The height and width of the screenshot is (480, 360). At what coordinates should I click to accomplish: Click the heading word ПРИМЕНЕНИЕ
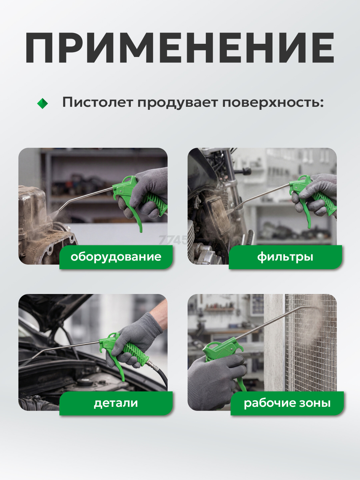(x=180, y=48)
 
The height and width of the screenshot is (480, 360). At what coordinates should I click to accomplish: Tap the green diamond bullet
(x=43, y=103)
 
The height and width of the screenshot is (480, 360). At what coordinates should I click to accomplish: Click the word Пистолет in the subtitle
(x=97, y=102)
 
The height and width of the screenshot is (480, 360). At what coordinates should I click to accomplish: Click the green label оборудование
(x=116, y=257)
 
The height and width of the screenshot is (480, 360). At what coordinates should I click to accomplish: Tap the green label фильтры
(x=285, y=257)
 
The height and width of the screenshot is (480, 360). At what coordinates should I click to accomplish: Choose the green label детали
(x=116, y=403)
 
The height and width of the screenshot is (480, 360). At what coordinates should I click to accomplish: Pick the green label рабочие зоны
(x=287, y=403)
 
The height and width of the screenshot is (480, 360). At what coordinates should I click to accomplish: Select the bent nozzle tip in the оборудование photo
(x=61, y=207)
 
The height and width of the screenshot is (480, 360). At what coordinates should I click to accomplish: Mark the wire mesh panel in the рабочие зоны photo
(x=311, y=343)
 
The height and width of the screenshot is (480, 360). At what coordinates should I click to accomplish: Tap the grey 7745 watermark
(x=173, y=240)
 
